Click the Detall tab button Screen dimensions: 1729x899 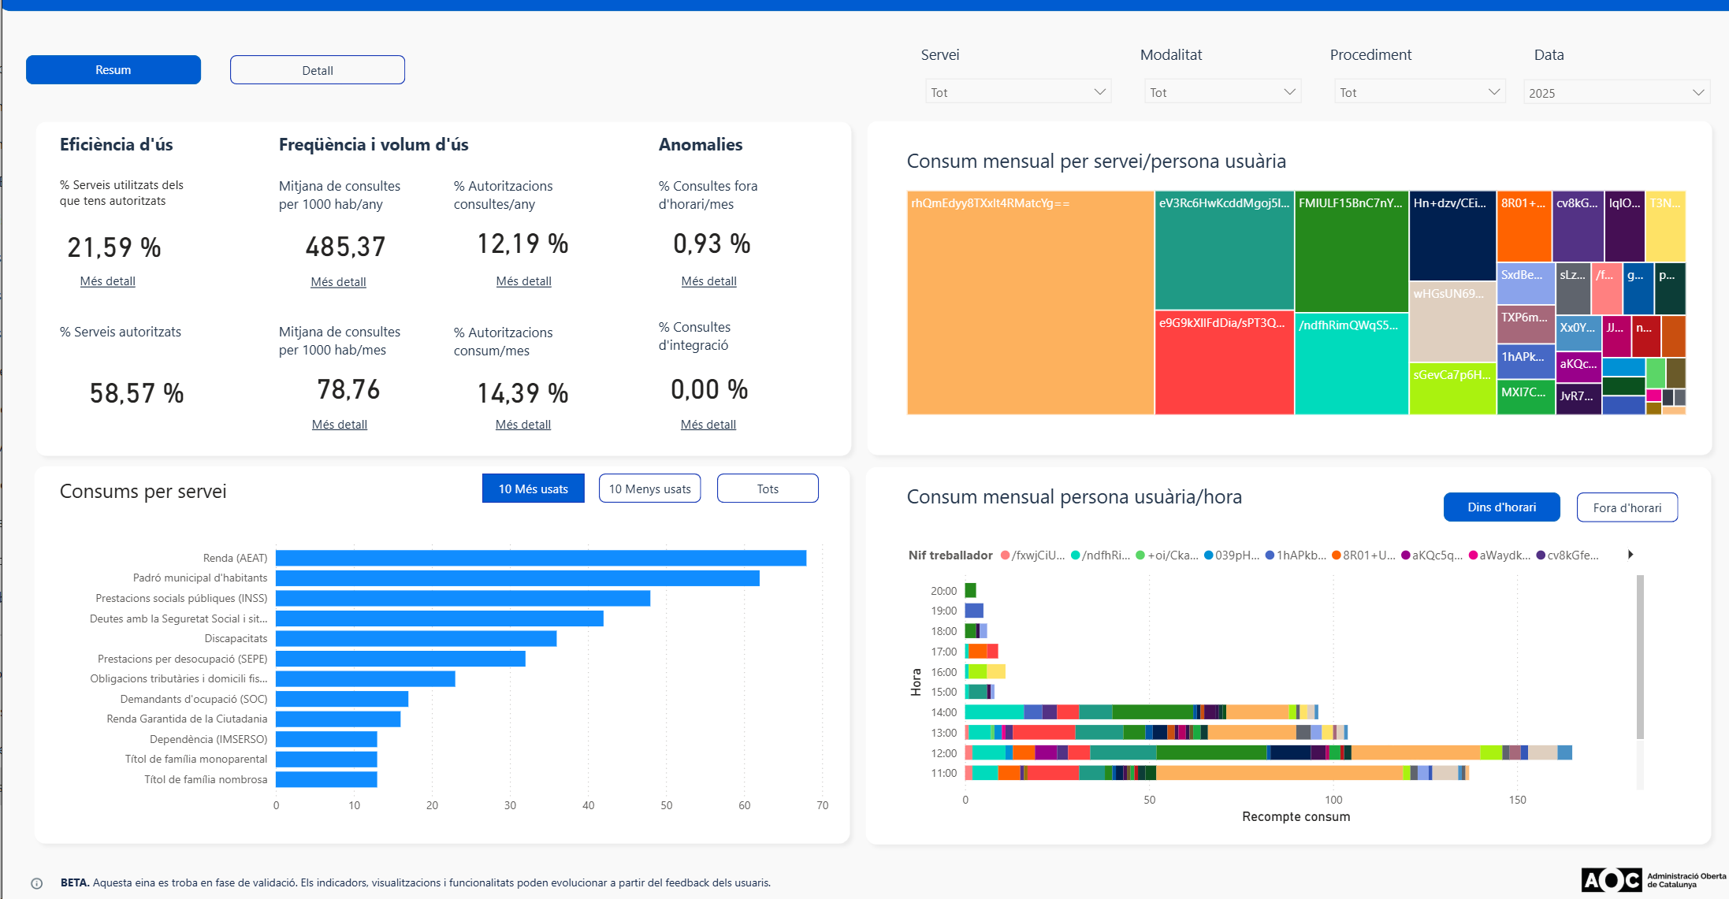(x=318, y=70)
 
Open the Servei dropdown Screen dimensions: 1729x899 (x=1018, y=92)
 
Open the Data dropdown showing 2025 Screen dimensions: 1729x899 (x=1616, y=92)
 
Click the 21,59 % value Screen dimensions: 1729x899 (x=114, y=247)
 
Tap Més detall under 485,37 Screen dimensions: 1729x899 (x=339, y=282)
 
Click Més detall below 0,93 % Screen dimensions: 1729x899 (x=709, y=281)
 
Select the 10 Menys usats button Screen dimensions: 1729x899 (x=650, y=489)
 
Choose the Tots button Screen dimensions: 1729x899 (x=768, y=489)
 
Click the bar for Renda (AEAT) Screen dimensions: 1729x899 (x=541, y=558)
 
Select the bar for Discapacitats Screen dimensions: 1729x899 (x=416, y=638)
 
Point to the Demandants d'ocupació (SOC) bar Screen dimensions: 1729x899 (x=342, y=699)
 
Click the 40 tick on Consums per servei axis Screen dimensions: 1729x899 (x=589, y=805)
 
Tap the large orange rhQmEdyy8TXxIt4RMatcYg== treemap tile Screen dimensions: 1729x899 (x=1031, y=303)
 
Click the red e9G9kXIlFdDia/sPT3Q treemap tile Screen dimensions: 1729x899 (x=1225, y=363)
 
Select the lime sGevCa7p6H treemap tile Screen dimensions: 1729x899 (x=1452, y=388)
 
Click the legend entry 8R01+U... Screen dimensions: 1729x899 (x=1363, y=555)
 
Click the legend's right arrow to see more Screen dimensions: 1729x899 (x=1630, y=555)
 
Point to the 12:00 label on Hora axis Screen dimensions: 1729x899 (x=943, y=753)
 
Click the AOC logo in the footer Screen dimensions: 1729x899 (x=1612, y=880)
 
